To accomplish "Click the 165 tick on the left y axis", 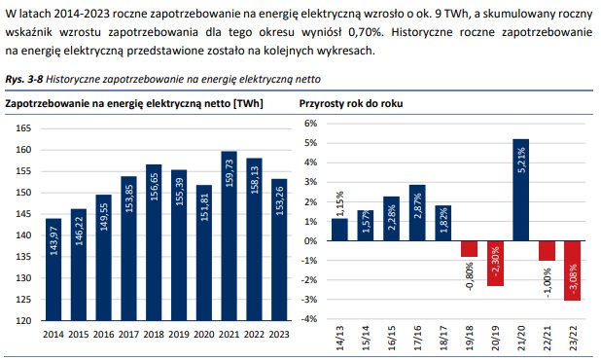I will (24, 128).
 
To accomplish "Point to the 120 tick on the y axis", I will (24, 320).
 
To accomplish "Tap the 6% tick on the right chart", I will (312, 124).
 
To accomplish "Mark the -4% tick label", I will (310, 319).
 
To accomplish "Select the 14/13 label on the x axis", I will (339, 337).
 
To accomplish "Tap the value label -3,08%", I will (573, 279).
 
